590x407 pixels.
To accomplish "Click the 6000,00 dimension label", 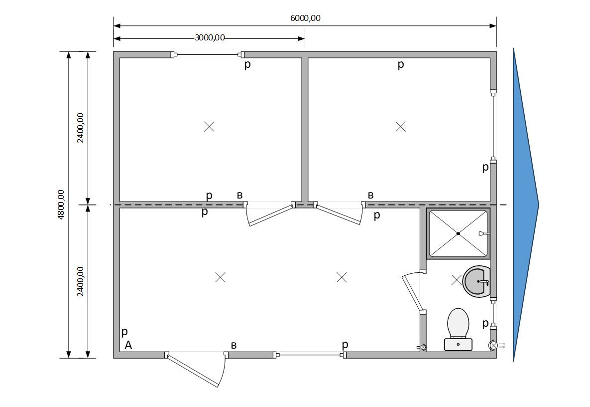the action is click(x=305, y=18).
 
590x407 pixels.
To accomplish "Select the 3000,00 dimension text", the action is click(x=210, y=38).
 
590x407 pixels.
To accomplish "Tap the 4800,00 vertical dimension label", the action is click(x=61, y=204).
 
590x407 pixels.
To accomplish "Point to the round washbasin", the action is click(x=477, y=281).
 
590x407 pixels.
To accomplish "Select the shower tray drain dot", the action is click(x=458, y=233).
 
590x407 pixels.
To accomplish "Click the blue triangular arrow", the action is click(x=526, y=204).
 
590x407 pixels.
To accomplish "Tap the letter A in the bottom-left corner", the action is click(x=128, y=345).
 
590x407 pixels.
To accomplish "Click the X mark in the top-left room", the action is click(x=209, y=126).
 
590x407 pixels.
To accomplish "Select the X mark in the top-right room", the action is click(x=401, y=126).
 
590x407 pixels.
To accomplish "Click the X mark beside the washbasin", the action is click(x=456, y=280).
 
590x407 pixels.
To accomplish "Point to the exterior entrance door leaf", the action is click(x=193, y=370).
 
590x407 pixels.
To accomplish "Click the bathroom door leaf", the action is click(x=412, y=293).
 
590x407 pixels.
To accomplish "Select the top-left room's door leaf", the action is click(x=271, y=215).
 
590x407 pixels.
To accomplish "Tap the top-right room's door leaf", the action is click(x=339, y=214).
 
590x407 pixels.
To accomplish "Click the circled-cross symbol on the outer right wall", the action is click(x=493, y=345).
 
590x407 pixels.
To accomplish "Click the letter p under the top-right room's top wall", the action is click(x=401, y=65).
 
